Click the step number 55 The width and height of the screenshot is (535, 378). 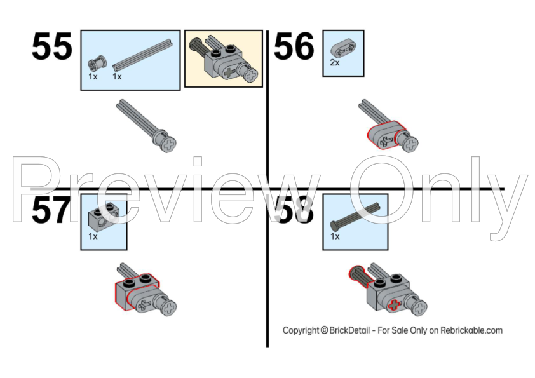pos(52,46)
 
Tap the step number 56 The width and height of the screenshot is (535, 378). pos(294,46)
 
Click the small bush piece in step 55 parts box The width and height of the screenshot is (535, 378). pos(97,63)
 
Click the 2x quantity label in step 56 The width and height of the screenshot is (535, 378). pos(335,63)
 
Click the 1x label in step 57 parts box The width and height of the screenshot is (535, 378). pos(93,236)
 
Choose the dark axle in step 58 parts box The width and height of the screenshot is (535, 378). pos(355,216)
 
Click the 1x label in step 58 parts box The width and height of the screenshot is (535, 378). pos(335,236)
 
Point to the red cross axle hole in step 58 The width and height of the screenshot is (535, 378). pos(395,305)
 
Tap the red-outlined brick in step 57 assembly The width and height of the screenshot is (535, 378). pos(137,292)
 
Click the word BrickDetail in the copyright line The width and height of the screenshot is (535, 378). pos(349,330)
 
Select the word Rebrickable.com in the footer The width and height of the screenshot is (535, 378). pos(471,330)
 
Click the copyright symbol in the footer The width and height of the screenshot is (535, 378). pos(324,330)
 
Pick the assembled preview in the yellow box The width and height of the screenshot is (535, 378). pos(224,58)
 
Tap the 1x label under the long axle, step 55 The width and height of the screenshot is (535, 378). pos(117,76)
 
